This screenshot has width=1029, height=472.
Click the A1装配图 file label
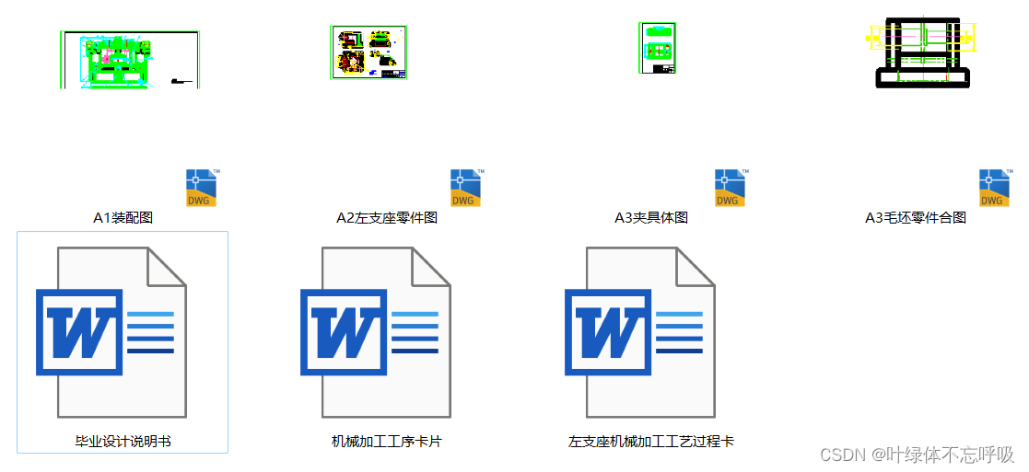coord(123,218)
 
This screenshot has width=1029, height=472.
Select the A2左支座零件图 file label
coord(387,218)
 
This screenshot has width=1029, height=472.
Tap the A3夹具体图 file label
coord(651,218)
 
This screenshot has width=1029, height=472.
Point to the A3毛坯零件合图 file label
coord(916,218)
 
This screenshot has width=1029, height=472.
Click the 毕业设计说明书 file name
coord(123,442)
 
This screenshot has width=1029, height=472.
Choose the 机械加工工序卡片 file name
coord(387,442)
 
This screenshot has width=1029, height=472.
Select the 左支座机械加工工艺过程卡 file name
coord(651,442)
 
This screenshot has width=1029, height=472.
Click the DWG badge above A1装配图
coord(202,188)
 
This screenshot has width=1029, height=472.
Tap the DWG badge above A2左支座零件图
coord(466,188)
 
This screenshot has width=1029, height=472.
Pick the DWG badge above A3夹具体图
coord(731,188)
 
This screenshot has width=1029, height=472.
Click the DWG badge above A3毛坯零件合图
coord(995,188)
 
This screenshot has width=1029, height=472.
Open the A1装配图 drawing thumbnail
coord(131,60)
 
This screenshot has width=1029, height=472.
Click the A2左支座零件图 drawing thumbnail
coord(368,53)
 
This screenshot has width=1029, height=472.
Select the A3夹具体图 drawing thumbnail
coord(658,48)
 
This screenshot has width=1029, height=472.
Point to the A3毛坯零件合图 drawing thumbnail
coord(921,53)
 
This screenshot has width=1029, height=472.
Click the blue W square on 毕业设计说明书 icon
coord(79,332)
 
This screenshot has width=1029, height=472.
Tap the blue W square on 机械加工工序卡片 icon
coord(344,332)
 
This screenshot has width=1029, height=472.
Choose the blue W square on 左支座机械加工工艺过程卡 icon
coord(608,332)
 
